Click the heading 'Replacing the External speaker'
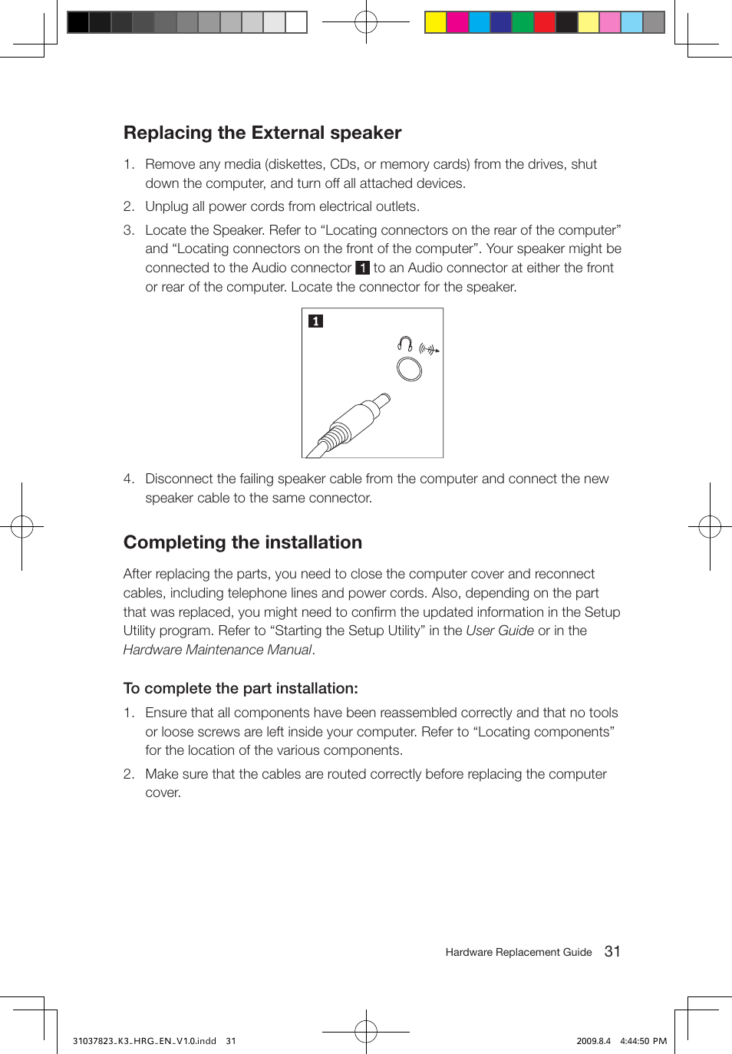[x=262, y=133]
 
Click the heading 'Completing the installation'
[x=242, y=542]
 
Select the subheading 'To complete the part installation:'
[x=240, y=688]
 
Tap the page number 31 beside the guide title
[x=612, y=951]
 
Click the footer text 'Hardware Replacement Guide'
[x=518, y=952]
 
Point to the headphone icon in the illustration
[x=405, y=344]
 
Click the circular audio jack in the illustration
[x=409, y=369]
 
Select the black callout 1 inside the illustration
[x=315, y=321]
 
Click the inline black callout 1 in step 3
[x=362, y=268]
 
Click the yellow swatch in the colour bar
[x=436, y=22]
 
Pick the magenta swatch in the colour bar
[x=457, y=22]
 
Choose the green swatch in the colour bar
[x=523, y=22]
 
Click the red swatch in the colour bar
[x=545, y=22]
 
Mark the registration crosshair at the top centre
[x=366, y=22]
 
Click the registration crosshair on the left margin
[x=22, y=527]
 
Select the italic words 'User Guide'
[x=500, y=631]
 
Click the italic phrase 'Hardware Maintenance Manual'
[x=217, y=650]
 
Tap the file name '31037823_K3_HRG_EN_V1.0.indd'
[x=144, y=1041]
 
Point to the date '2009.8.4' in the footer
[x=593, y=1041]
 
